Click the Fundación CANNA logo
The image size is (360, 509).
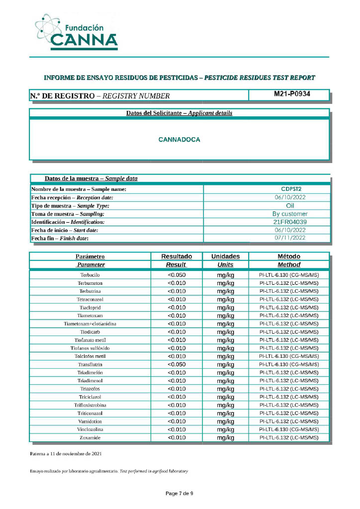coord(77,33)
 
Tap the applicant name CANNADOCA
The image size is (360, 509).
coord(179,140)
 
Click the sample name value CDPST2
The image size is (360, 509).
coord(291,189)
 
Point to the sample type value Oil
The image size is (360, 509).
coord(291,205)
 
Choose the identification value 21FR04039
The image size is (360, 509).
coord(291,222)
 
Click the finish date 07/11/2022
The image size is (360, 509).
coord(291,238)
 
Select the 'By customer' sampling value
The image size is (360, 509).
coord(291,214)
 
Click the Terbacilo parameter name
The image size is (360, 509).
coord(90,275)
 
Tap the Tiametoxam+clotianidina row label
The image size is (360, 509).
coord(90,324)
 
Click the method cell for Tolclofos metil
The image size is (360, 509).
coord(288,356)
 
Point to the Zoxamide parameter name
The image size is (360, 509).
coord(90,438)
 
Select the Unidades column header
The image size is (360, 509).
coord(225,256)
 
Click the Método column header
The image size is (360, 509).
coord(288,256)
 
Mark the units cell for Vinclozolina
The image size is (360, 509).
coord(225,429)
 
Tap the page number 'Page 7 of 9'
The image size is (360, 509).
coord(179,494)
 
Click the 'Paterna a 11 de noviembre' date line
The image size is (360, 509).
coord(67,454)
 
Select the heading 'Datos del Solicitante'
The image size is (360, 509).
coord(179,113)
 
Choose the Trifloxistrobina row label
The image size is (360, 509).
coord(90,405)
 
